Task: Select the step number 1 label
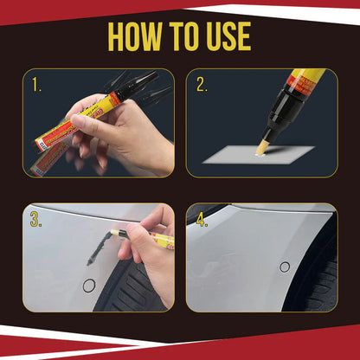tap(36, 85)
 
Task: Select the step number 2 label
tap(202, 85)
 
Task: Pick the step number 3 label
tap(36, 221)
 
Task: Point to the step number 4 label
tap(202, 221)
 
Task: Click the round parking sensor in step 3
tap(88, 285)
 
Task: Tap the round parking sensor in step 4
tap(285, 267)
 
